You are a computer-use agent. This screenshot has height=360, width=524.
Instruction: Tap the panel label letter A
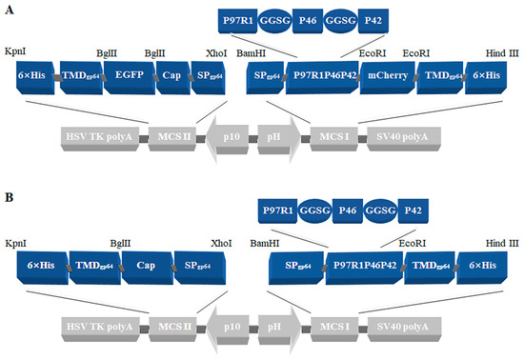9,8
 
